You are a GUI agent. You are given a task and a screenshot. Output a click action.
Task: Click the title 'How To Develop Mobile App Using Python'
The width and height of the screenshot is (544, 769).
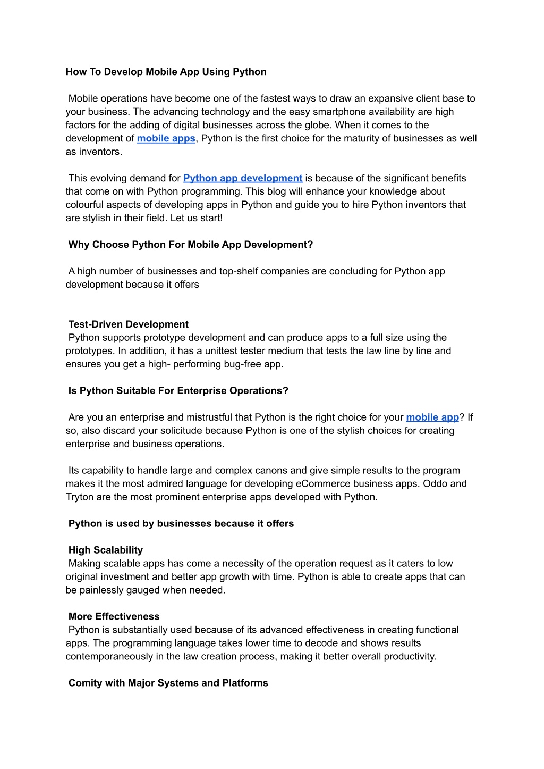pyautogui.click(x=166, y=72)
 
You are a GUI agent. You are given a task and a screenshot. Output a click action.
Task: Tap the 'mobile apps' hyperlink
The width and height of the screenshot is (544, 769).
pyautogui.click(x=166, y=138)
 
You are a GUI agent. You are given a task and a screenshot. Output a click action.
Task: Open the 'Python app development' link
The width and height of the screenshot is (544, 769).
pyautogui.click(x=243, y=178)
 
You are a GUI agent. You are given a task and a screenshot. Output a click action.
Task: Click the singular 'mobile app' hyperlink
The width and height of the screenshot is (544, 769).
pyautogui.click(x=432, y=417)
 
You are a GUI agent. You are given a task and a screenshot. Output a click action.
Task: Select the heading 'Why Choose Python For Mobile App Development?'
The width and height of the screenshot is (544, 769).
pyautogui.click(x=191, y=245)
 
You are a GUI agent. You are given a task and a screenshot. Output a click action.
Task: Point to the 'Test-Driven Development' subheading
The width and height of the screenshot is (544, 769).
pyautogui.click(x=129, y=324)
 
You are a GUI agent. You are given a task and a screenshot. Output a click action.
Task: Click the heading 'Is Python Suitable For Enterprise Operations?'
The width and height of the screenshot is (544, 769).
pyautogui.click(x=178, y=391)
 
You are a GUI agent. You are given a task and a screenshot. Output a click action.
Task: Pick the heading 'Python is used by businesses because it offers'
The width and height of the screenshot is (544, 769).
pyautogui.click(x=181, y=524)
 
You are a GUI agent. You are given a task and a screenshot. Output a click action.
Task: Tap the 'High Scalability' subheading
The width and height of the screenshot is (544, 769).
pyautogui.click(x=106, y=550)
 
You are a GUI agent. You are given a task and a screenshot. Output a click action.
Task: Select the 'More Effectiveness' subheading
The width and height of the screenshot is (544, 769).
pyautogui.click(x=114, y=617)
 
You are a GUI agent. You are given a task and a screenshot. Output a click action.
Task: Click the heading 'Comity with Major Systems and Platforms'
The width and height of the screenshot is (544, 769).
pyautogui.click(x=168, y=683)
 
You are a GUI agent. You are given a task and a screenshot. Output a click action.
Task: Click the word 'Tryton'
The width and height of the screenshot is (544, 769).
pyautogui.click(x=79, y=497)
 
